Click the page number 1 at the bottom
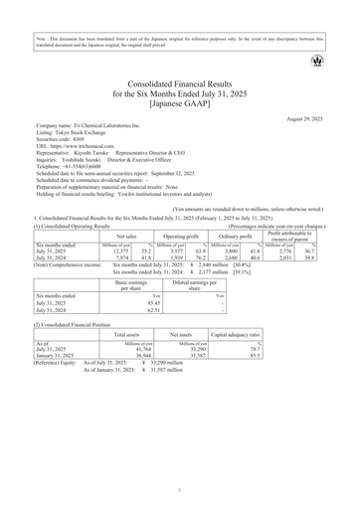[180, 490]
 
